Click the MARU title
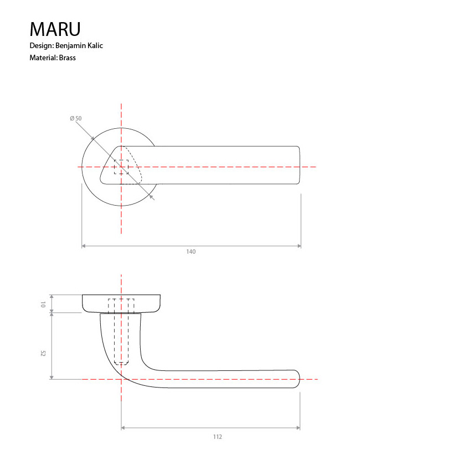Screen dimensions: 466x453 click(x=55, y=29)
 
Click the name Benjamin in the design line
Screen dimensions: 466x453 click(x=70, y=46)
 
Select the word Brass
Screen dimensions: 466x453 click(x=67, y=57)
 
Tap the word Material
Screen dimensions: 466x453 click(x=43, y=57)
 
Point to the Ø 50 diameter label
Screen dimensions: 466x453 click(x=76, y=118)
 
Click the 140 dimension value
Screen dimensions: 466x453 click(x=191, y=252)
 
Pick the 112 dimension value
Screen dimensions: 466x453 click(x=217, y=437)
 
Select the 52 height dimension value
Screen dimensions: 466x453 click(x=43, y=353)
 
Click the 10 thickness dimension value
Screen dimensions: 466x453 click(x=43, y=304)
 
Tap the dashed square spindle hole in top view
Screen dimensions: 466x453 click(x=121, y=167)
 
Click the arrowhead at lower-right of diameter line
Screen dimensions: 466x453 click(x=152, y=197)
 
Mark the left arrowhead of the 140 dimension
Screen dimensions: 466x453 click(x=84, y=245)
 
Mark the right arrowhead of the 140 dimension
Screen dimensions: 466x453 click(x=299, y=245)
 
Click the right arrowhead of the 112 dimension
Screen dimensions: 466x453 click(x=298, y=428)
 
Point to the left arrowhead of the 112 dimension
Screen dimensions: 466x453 click(x=123, y=428)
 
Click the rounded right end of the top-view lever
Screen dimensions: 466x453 click(x=298, y=165)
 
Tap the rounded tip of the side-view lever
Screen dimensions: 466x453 click(x=298, y=379)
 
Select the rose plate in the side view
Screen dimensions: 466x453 click(x=122, y=303)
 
